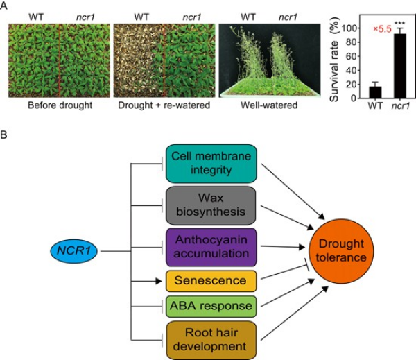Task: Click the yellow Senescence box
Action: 211,281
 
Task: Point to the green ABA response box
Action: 211,306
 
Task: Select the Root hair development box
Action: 211,339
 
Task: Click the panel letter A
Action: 6,6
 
